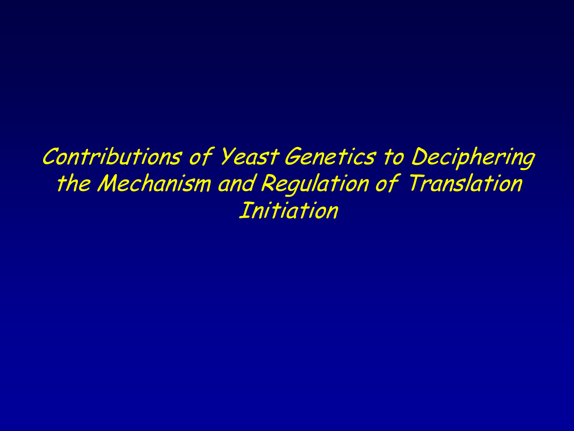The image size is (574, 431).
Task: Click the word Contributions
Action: point(112,156)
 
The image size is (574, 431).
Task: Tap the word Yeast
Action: point(248,156)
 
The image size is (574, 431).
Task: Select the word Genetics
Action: point(329,156)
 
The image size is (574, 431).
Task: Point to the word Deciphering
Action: point(472,157)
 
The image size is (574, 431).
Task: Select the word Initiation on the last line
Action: point(288,210)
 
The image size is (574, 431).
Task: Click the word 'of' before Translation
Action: point(387,184)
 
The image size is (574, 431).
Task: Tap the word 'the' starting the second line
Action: point(73,184)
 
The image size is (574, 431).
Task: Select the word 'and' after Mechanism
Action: point(236,184)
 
